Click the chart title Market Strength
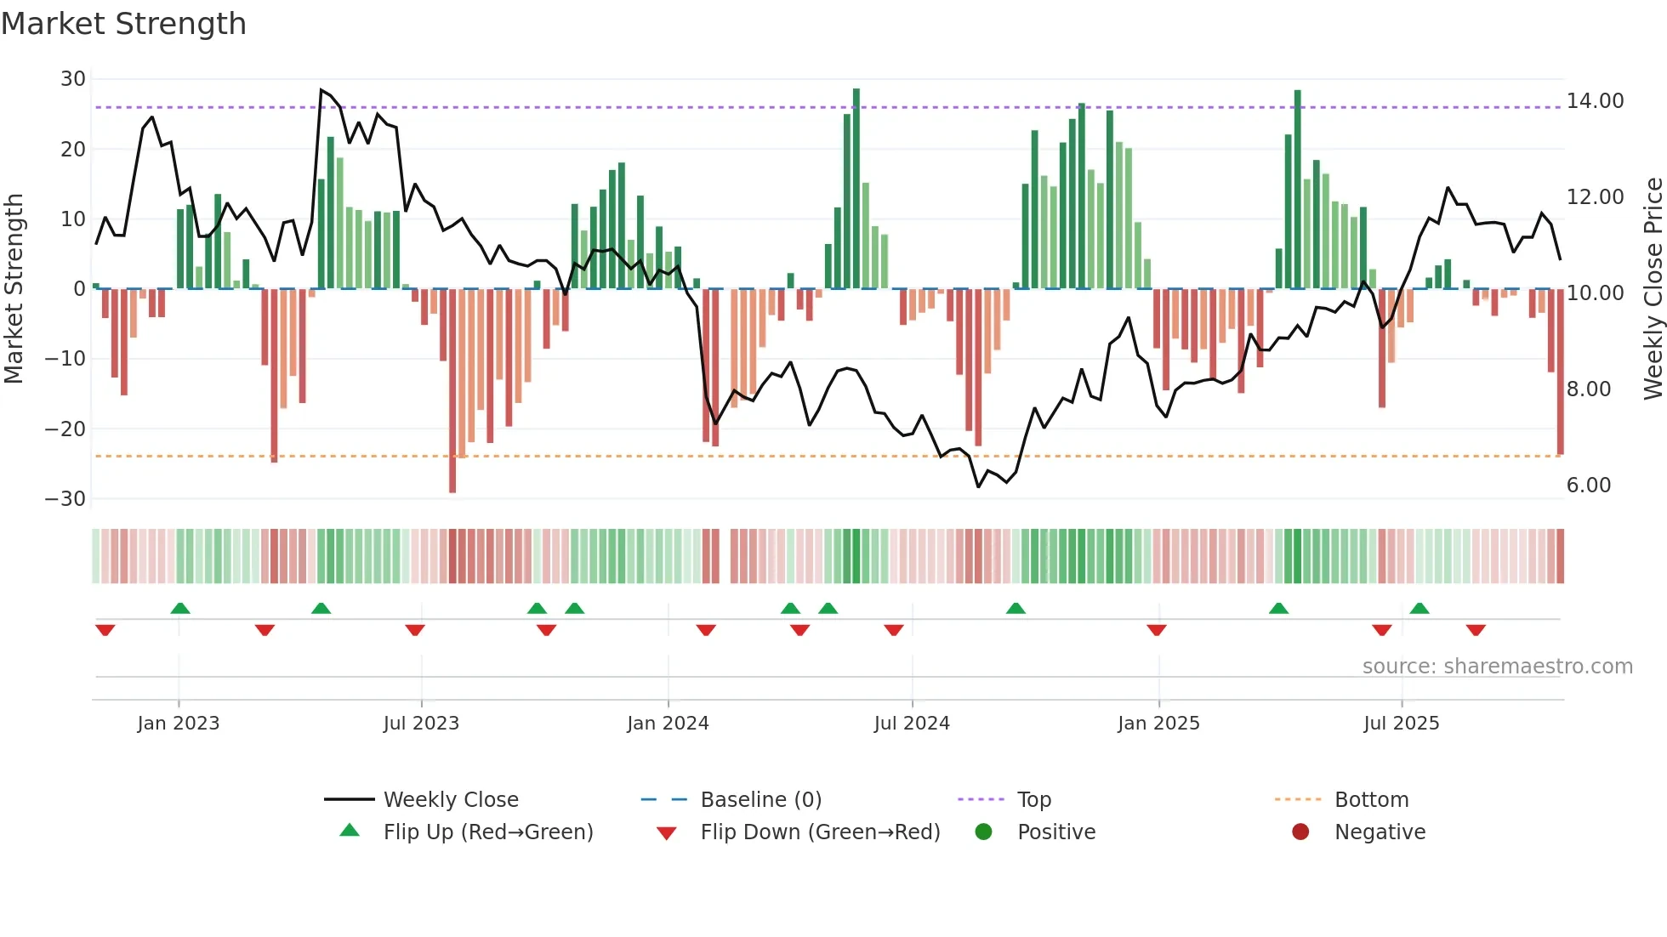(x=123, y=24)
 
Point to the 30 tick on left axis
(x=73, y=79)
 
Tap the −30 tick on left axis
(x=66, y=499)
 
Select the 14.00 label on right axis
(x=1595, y=101)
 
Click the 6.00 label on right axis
(x=1588, y=486)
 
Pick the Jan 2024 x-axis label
(x=668, y=724)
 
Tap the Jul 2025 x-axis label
(x=1401, y=724)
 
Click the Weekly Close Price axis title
(x=1653, y=289)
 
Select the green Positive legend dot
(x=983, y=832)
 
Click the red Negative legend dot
(x=1300, y=832)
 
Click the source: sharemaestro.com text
(x=1497, y=667)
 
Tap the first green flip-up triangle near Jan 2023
(x=180, y=608)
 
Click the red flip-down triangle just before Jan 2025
(x=1156, y=630)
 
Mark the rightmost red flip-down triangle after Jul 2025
(x=1476, y=630)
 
